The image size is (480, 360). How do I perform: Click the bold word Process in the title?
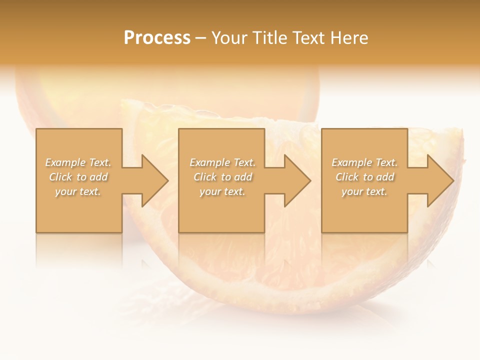[157, 37]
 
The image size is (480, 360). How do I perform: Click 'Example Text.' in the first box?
[78, 162]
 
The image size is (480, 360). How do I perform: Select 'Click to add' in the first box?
[78, 177]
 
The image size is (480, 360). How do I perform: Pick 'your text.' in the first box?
[78, 191]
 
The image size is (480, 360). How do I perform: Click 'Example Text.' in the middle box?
[222, 162]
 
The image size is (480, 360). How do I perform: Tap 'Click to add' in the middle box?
[222, 177]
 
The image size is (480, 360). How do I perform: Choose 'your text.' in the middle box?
[222, 191]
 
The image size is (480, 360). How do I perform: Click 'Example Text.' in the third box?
[364, 162]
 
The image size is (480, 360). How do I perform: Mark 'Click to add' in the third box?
[364, 177]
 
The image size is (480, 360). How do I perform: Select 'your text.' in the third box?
[364, 191]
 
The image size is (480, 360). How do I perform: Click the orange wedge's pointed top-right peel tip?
[460, 131]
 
